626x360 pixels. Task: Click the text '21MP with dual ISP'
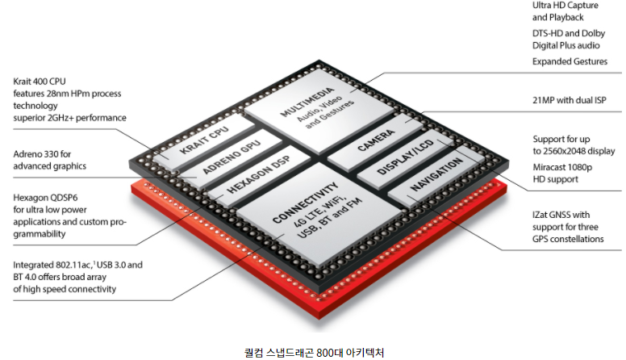pos(569,101)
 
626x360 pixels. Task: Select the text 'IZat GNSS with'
pos(561,215)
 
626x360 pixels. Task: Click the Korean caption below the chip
pos(314,352)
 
